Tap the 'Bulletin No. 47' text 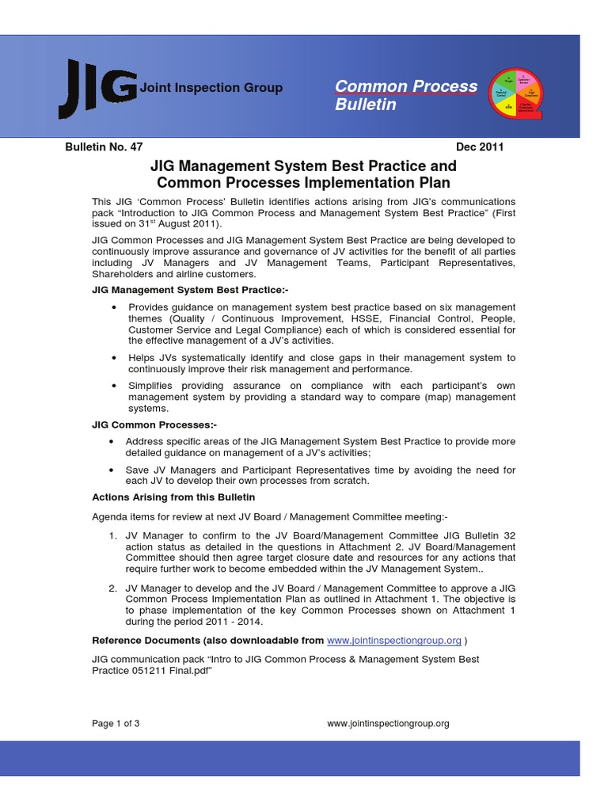tap(103, 147)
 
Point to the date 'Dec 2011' tap(480, 147)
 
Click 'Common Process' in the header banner tap(406, 86)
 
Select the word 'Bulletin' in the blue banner tap(366, 105)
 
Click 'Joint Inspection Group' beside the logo tap(211, 88)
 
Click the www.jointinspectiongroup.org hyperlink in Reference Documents tap(394, 640)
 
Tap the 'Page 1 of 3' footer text tap(116, 723)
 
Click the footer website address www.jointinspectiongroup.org tap(388, 723)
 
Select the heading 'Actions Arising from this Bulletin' tap(174, 497)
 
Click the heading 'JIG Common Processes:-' tap(143, 425)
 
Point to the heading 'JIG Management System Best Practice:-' tap(191, 291)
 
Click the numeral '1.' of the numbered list tap(113, 536)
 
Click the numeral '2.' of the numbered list tap(113, 588)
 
